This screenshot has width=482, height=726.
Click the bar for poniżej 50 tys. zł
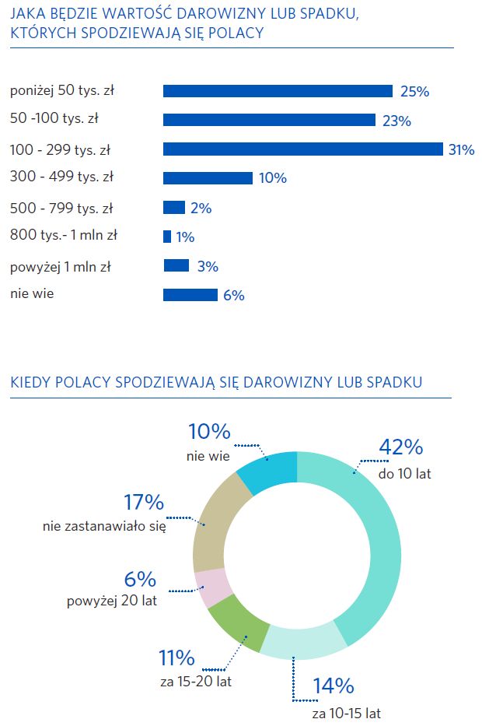pos(278,91)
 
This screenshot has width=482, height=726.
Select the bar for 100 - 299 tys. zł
pos(302,149)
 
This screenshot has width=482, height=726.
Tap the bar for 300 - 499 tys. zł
pos(208,177)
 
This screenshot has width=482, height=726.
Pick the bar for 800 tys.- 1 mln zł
pos(167,237)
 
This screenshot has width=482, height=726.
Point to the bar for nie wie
pos(190,295)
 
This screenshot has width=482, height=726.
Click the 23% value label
pos(396,121)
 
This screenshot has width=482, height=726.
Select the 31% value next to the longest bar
pos(461,149)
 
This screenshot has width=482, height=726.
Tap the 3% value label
pos(208,266)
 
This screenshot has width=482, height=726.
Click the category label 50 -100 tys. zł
pos(59,119)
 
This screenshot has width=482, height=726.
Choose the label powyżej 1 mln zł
pos(61,267)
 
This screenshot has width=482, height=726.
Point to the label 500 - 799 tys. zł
pos(61,208)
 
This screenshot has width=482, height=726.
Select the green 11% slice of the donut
pos(238,623)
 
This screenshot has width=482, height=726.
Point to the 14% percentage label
pos(334,686)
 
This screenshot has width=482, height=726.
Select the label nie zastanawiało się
pos(104,527)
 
